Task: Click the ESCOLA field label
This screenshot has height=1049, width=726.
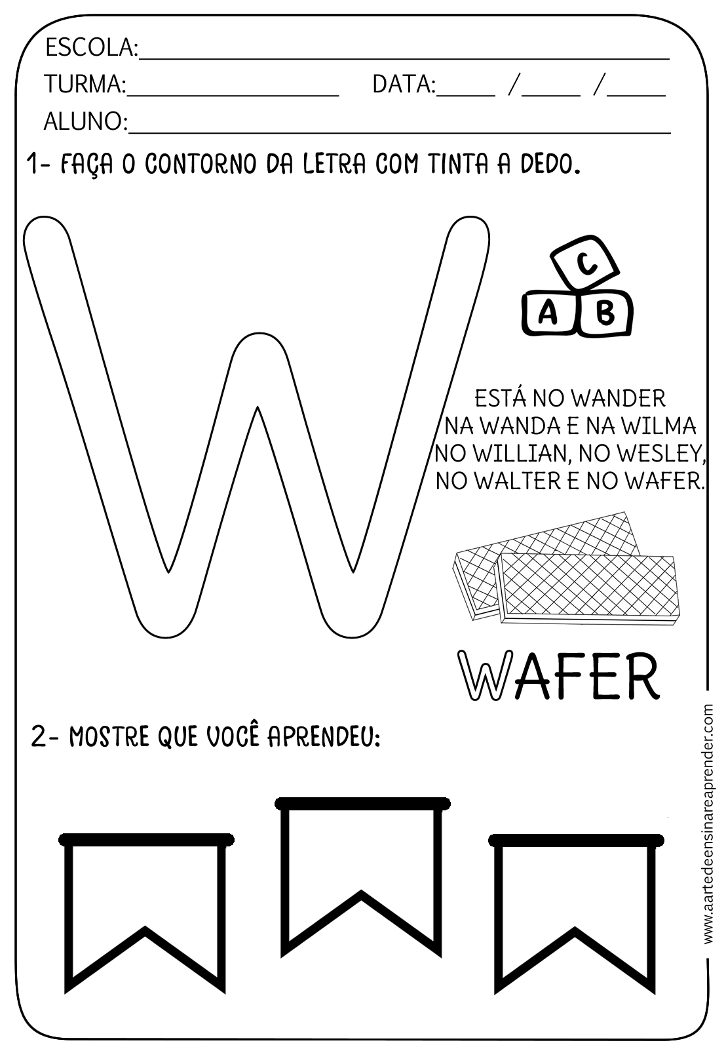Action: [x=90, y=48]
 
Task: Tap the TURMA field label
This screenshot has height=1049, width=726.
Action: [x=85, y=85]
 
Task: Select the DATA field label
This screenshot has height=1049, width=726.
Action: [x=404, y=85]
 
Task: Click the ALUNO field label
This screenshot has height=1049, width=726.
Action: [x=86, y=121]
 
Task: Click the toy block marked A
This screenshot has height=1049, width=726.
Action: [x=548, y=313]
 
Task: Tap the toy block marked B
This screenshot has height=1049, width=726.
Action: [x=605, y=312]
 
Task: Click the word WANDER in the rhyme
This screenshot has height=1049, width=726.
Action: [x=618, y=398]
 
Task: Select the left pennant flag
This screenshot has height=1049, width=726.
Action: [x=145, y=911]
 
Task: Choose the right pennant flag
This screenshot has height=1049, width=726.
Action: [x=576, y=911]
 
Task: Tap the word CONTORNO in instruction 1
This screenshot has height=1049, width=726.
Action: [x=201, y=164]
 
